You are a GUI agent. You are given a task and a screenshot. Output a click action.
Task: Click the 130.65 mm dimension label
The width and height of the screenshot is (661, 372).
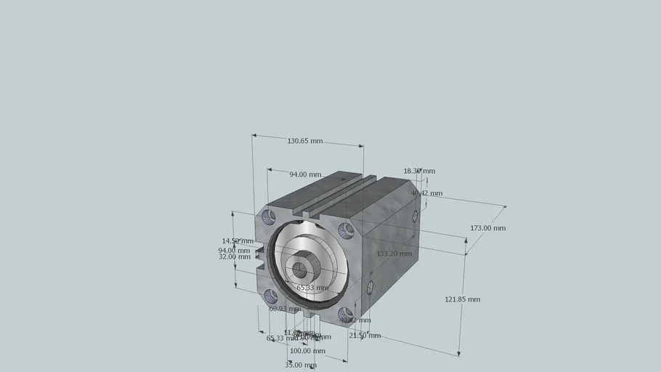point(304,141)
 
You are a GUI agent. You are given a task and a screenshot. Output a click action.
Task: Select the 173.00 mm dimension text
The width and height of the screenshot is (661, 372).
point(487,228)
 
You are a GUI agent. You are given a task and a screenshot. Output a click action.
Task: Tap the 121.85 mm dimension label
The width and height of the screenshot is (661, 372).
point(462,299)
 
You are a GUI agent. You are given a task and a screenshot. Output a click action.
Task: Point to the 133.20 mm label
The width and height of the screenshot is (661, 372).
point(394,254)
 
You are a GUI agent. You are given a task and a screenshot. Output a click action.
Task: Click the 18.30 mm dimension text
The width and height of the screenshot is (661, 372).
point(419,171)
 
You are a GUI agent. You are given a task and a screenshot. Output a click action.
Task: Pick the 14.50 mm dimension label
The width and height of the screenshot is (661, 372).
point(238,241)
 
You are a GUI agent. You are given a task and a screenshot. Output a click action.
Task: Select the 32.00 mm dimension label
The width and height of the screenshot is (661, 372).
point(234,256)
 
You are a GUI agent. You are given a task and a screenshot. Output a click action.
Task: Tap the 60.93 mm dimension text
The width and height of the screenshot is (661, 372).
point(285,309)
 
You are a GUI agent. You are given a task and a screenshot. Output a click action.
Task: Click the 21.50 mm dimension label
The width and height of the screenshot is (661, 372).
point(365,336)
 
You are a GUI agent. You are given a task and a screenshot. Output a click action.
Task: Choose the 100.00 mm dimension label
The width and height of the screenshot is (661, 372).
point(307,351)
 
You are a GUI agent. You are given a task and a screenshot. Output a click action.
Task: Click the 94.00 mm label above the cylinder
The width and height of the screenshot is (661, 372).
point(305,174)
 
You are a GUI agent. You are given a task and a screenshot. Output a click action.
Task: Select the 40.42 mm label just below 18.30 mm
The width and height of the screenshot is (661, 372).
point(426,193)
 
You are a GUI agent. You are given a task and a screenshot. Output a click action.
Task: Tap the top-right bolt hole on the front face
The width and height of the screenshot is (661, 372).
point(346,230)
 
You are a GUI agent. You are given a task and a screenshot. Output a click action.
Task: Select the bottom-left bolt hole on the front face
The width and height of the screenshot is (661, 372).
point(271,295)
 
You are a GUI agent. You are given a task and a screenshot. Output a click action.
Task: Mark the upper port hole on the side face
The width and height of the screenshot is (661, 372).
point(415,216)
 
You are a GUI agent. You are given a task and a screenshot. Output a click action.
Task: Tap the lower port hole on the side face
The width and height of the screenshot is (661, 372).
point(370,287)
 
